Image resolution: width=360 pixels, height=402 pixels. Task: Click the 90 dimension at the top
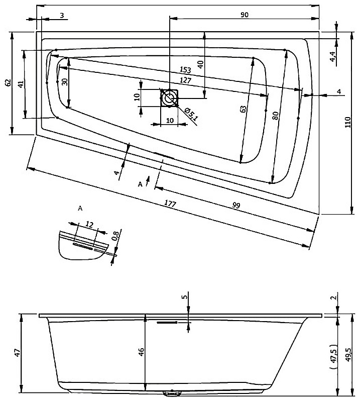click(x=245, y=15)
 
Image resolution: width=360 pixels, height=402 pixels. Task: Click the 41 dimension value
click(x=21, y=83)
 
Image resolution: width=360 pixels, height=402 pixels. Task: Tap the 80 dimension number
click(x=274, y=115)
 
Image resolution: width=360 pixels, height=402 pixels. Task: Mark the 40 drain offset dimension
click(x=200, y=64)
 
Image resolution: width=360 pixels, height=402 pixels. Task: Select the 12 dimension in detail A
click(x=89, y=224)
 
